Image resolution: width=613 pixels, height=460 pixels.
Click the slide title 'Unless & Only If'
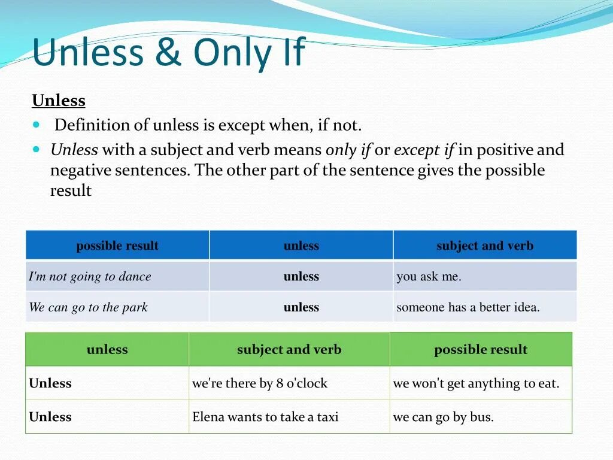click(168, 53)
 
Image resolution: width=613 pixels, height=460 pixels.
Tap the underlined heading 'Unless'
click(59, 101)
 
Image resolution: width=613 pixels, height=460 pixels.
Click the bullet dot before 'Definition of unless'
click(37, 125)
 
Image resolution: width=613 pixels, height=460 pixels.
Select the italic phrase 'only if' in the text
click(348, 150)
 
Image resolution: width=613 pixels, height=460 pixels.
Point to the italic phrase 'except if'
click(423, 150)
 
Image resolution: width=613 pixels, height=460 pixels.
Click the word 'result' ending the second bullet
click(71, 191)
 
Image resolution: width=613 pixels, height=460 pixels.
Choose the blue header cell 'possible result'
click(117, 246)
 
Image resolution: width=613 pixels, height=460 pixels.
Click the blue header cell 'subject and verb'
click(484, 246)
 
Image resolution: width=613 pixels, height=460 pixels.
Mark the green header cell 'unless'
click(107, 350)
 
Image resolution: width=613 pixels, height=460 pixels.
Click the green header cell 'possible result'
click(481, 350)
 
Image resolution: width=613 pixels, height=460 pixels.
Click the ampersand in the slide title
click(169, 53)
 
